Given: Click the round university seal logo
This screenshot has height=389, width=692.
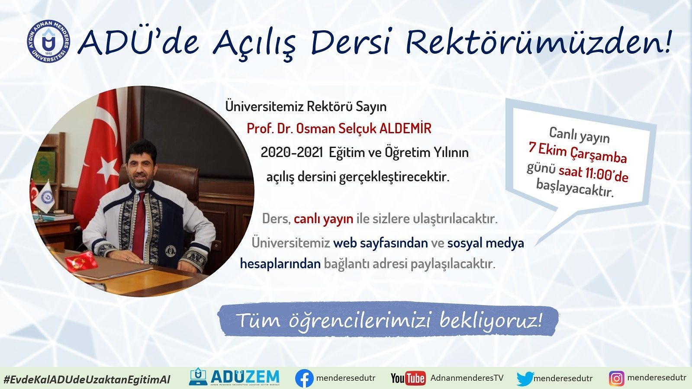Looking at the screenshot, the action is (48, 42).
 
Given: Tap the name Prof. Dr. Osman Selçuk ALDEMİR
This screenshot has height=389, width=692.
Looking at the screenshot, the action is (339, 129).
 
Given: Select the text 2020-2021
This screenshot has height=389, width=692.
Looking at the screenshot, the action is (292, 153).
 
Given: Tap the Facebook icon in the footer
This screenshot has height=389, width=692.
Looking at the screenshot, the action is (304, 379).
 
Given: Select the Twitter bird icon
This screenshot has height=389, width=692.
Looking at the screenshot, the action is (525, 379).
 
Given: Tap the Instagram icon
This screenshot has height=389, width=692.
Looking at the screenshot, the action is (616, 379).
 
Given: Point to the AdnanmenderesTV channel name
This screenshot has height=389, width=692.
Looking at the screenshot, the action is (467, 378).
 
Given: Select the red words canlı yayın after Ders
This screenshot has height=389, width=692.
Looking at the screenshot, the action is (323, 219).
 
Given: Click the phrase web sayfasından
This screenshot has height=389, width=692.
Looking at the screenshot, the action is (380, 243).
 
